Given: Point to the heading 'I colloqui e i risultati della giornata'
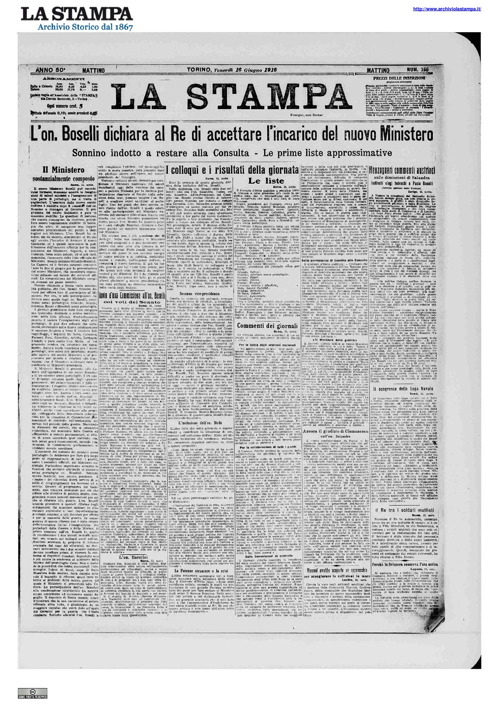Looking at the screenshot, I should [x=232, y=169].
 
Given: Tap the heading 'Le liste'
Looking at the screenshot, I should [x=266, y=181].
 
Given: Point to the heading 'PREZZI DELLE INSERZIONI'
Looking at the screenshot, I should [x=398, y=78].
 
